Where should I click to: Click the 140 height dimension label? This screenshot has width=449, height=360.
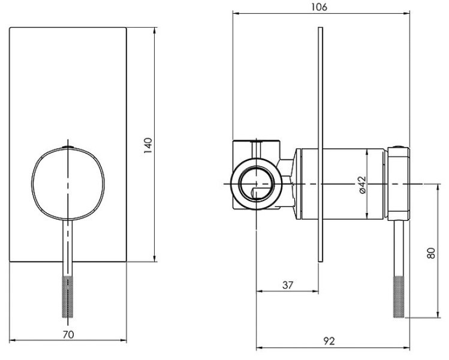148,145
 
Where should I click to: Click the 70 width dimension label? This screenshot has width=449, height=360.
68,334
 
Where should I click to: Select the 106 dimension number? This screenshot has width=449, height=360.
320,7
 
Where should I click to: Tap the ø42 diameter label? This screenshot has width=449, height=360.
362,185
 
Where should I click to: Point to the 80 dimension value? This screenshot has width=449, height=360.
431,253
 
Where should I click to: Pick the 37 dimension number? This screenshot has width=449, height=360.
288,285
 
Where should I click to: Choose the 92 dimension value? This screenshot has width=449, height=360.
329,341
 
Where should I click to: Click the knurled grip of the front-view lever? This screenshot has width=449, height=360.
68,296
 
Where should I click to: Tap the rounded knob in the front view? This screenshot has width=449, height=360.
68,184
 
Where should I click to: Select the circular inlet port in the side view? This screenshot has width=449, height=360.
257,184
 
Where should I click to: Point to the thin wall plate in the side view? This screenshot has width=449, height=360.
321,145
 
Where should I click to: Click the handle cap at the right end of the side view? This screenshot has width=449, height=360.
399,184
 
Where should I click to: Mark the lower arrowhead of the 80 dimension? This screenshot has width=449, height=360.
438,315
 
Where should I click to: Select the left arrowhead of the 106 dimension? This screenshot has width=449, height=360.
236,13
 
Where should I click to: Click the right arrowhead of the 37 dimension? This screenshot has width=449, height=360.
315,292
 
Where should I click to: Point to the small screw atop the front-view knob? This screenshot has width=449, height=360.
68,148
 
